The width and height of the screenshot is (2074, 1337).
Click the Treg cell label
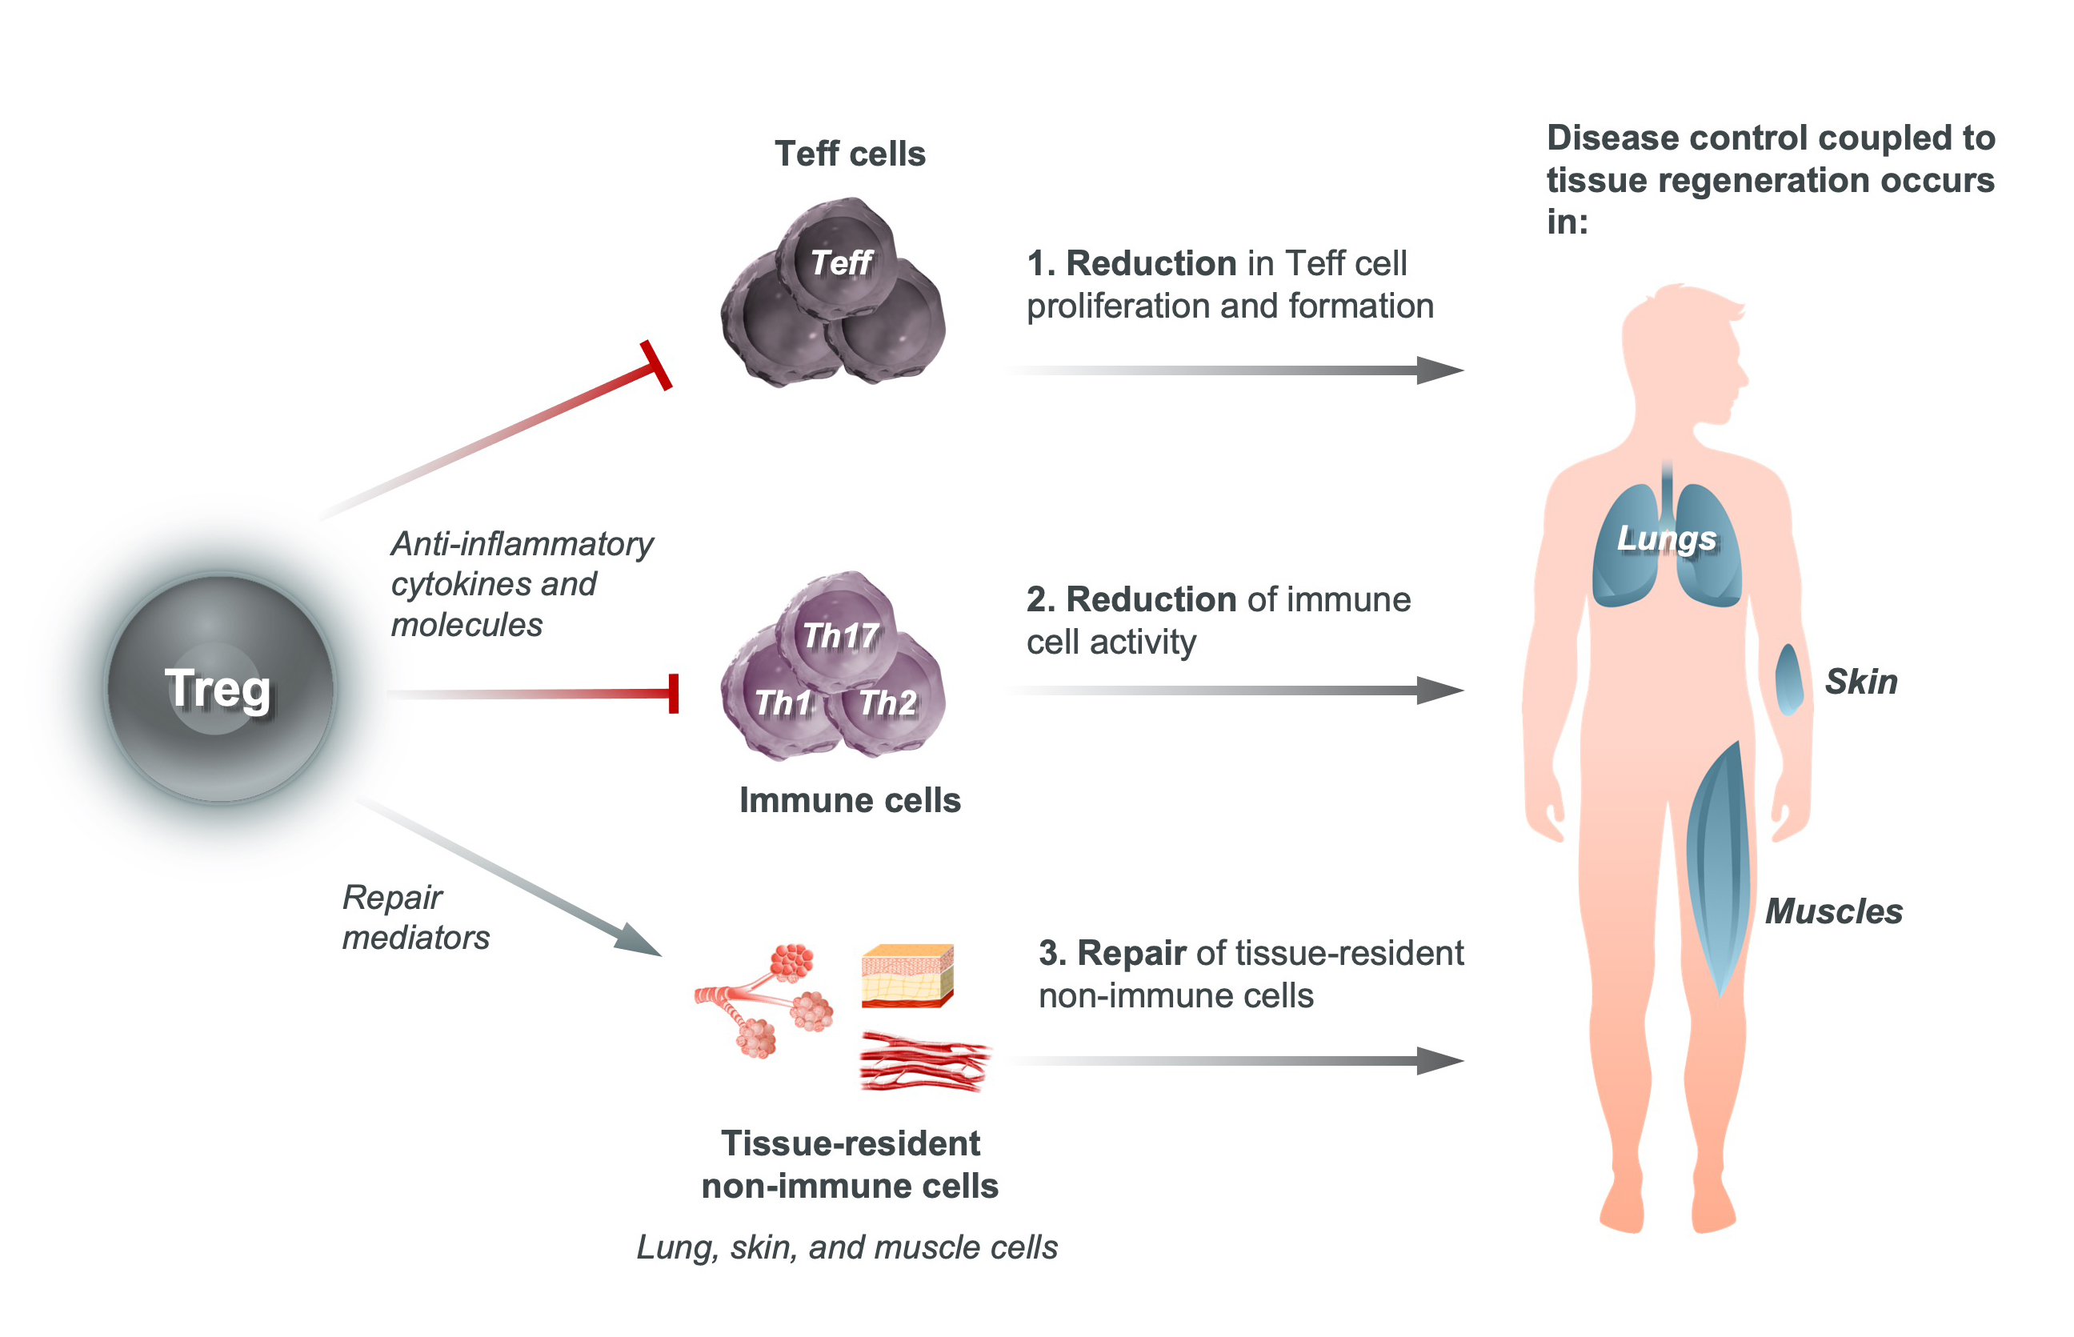(x=218, y=688)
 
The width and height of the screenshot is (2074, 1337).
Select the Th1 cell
(x=781, y=703)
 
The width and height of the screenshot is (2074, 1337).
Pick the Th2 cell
(x=888, y=703)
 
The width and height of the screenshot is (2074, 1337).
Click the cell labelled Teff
(x=839, y=262)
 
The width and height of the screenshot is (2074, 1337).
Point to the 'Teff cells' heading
(x=849, y=154)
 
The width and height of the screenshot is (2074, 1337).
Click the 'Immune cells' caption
(x=849, y=799)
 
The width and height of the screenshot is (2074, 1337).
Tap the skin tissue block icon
(x=907, y=975)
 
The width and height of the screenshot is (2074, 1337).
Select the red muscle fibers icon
(x=923, y=1061)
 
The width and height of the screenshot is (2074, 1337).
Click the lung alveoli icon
(x=764, y=999)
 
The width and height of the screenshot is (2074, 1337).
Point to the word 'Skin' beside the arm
(x=1860, y=682)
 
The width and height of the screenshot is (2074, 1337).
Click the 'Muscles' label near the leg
(x=1833, y=911)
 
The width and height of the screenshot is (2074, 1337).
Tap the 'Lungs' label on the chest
(x=1666, y=538)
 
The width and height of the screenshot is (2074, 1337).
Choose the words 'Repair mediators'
(x=415, y=917)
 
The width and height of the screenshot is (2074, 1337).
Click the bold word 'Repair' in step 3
(x=1131, y=952)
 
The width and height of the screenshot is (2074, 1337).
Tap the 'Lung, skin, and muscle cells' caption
(x=847, y=1247)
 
